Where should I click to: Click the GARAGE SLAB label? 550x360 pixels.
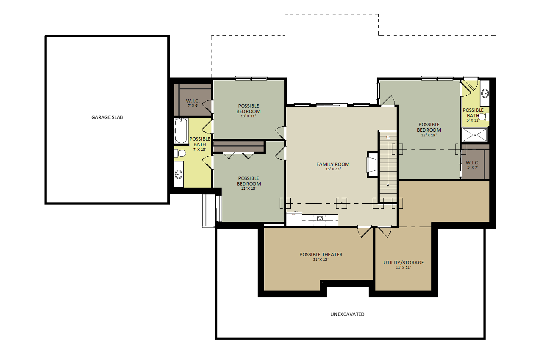coord(107,117)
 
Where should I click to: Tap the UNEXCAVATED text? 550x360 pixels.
coord(347,314)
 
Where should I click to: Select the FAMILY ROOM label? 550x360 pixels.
coord(333,164)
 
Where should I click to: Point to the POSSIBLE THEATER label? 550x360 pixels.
coord(321,255)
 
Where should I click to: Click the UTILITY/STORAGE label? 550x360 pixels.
coord(404,262)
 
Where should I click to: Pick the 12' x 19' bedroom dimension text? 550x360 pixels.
coord(429,135)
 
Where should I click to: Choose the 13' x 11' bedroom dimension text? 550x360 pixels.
coord(248,116)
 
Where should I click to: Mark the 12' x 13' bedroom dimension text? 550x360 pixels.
coord(249,188)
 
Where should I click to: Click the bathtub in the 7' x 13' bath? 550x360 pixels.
coord(181,130)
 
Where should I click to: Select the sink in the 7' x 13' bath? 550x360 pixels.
coord(178,174)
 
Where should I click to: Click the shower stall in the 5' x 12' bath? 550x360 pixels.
coord(475,135)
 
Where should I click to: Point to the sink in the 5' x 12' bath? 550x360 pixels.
coord(485,93)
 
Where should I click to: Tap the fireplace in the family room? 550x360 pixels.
coord(372,164)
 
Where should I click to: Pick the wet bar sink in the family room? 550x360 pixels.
coord(319,218)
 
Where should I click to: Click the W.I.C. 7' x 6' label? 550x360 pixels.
coord(193,103)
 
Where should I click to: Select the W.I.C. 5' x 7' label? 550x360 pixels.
coord(472,165)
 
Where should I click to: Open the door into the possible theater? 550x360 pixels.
coord(364,232)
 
